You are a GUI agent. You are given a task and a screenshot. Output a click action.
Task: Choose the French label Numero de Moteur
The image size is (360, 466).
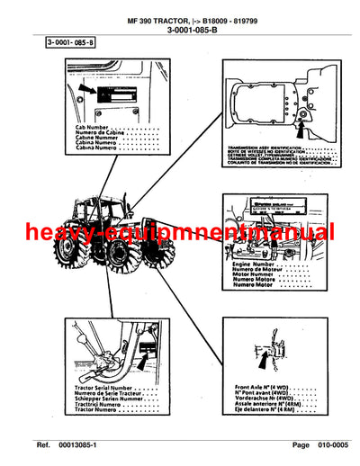pyautogui.click(x=256, y=273)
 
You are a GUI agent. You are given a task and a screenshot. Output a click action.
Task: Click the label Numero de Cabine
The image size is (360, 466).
pyautogui.click(x=98, y=134)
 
